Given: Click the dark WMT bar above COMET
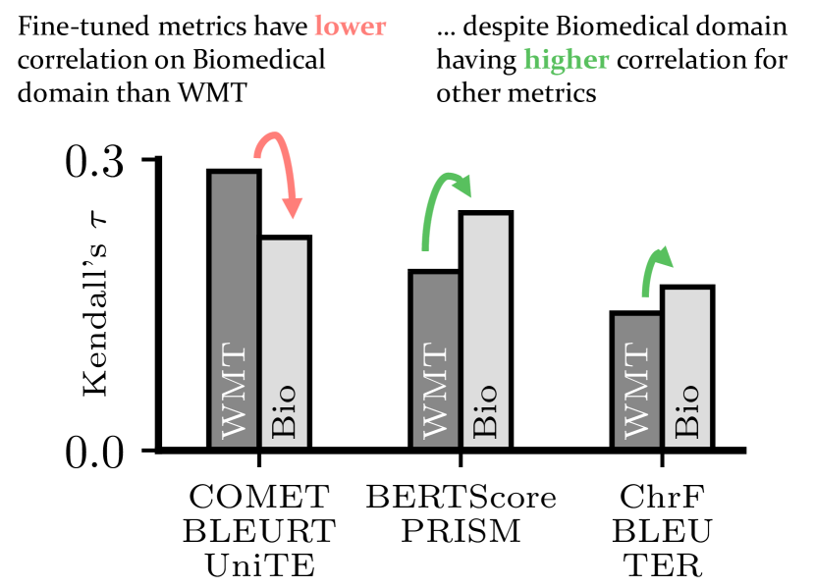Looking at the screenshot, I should coord(234,309).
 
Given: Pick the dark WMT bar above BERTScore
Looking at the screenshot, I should coord(435,359).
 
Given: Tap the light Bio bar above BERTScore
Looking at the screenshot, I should coord(486,330).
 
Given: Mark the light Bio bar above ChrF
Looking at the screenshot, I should coord(687,367).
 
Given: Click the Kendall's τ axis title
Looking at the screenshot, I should coord(95,304).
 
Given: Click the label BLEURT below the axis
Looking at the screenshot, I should coord(259,532).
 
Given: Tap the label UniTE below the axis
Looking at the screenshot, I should coord(259,565).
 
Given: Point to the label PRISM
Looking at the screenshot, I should coord(461,532).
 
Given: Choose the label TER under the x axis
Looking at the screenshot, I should coord(662,565).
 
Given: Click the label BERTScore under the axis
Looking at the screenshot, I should coord(461,498).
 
